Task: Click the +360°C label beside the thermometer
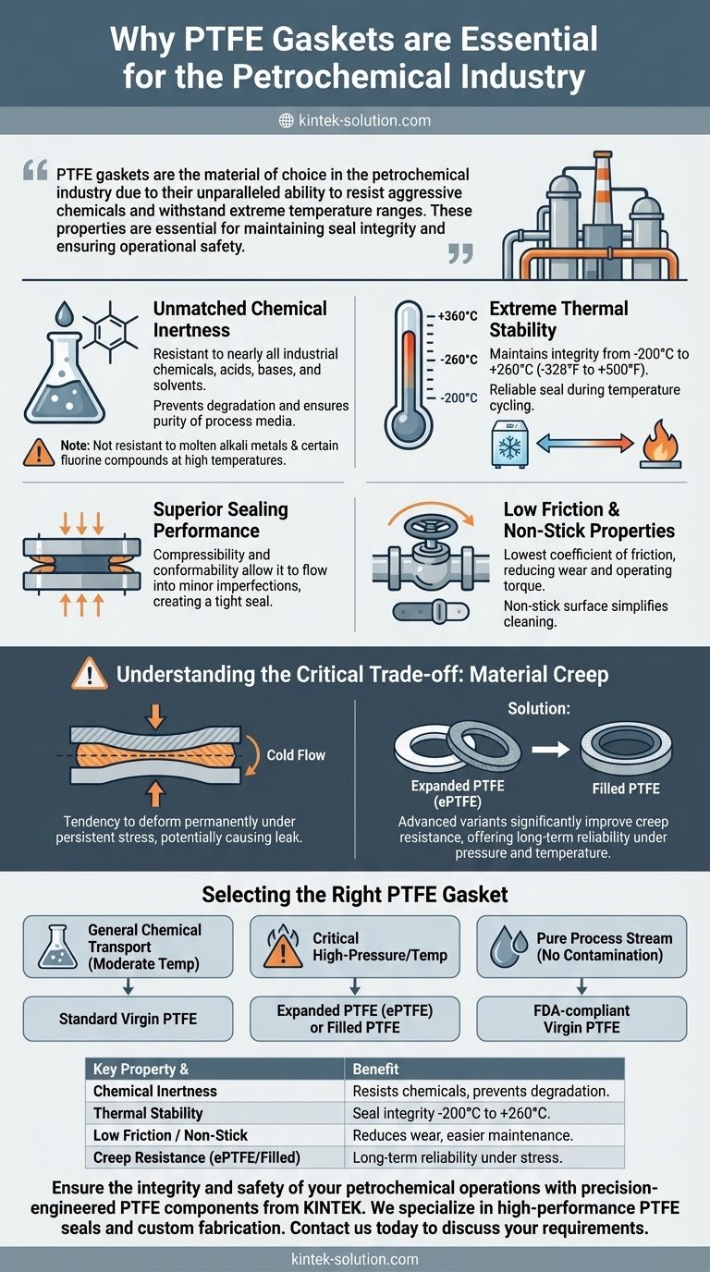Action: [458, 316]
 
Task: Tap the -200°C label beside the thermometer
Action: [459, 397]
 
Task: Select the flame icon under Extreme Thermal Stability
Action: [661, 444]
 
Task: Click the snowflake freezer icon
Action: [509, 444]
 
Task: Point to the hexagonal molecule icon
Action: [110, 332]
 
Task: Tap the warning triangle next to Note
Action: [39, 453]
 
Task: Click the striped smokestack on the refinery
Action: [602, 188]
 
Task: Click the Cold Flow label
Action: [296, 754]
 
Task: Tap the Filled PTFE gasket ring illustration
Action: [626, 749]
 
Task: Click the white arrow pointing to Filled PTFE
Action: [550, 750]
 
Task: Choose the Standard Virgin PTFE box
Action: [128, 1019]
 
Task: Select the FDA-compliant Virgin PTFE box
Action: [581, 1019]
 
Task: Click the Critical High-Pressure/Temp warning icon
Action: [283, 947]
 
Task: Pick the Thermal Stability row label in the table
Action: [148, 1113]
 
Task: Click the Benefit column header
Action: [375, 1070]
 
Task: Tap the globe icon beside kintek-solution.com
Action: [287, 120]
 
